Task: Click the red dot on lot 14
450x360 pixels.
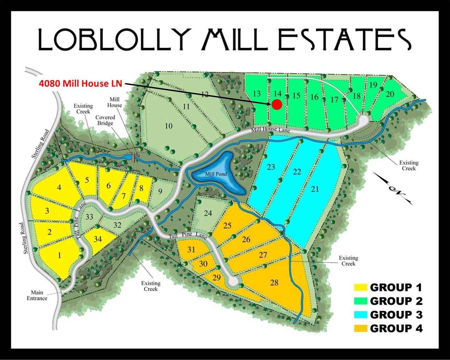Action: pyautogui.click(x=277, y=105)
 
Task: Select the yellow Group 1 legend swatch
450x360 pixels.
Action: pyautogui.click(x=361, y=287)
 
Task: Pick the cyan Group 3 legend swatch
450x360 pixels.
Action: pyautogui.click(x=361, y=314)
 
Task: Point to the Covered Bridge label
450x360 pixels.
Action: pyautogui.click(x=105, y=120)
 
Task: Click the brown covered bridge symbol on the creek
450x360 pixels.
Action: pyautogui.click(x=133, y=158)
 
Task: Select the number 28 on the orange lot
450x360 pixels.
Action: pyautogui.click(x=274, y=283)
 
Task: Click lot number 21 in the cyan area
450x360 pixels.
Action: pyautogui.click(x=315, y=189)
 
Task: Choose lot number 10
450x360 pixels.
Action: pyautogui.click(x=169, y=126)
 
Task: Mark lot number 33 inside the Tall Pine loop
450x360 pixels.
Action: pyautogui.click(x=89, y=217)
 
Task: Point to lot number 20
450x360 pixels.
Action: pyautogui.click(x=390, y=94)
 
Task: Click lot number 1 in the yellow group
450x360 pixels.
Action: pyautogui.click(x=60, y=255)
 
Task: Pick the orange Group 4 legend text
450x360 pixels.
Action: pyautogui.click(x=396, y=328)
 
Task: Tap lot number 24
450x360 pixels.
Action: pyautogui.click(x=208, y=213)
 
